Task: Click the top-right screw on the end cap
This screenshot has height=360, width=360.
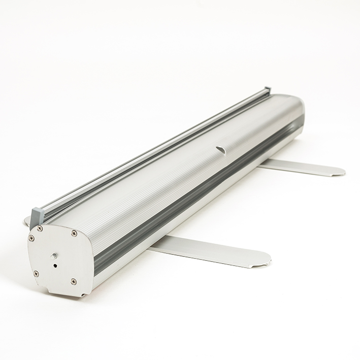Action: point(74,234)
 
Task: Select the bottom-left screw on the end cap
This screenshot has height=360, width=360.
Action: point(36,273)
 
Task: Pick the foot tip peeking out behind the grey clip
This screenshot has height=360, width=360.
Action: point(27,220)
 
